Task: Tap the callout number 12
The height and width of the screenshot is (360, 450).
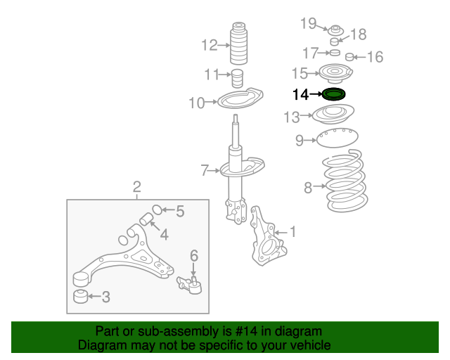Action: click(210, 46)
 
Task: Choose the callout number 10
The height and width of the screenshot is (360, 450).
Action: click(196, 103)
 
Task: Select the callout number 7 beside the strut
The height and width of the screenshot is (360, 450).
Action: click(205, 169)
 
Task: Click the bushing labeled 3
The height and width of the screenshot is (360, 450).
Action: click(81, 295)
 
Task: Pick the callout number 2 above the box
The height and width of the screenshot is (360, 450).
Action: click(137, 186)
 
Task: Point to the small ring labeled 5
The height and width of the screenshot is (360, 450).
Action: click(157, 209)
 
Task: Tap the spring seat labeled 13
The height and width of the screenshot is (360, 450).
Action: click(335, 115)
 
